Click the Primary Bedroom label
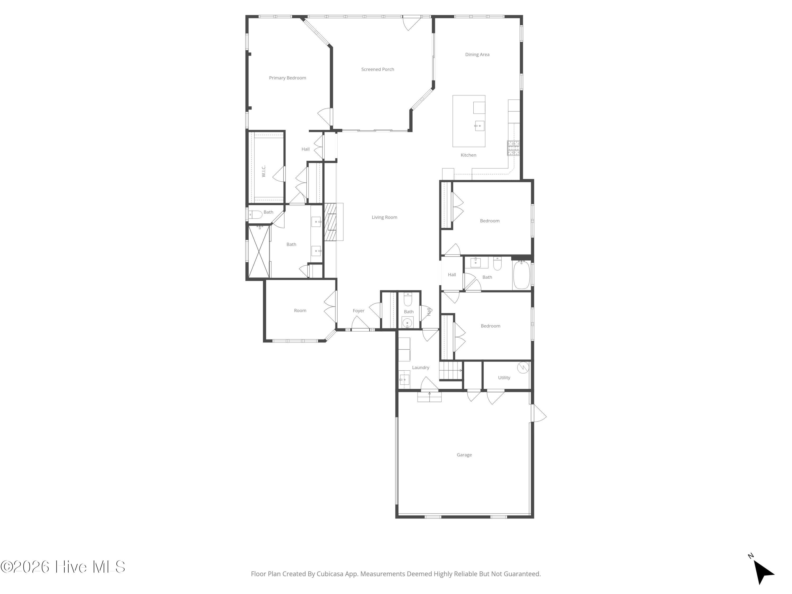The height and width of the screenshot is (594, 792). point(287,78)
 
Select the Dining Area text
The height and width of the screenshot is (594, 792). point(477,54)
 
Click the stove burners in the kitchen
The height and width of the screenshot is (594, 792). point(513,148)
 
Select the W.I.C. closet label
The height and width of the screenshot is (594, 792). point(263,171)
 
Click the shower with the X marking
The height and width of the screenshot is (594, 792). point(258,251)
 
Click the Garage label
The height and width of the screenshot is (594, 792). point(464,455)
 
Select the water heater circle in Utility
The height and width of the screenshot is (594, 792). point(523,368)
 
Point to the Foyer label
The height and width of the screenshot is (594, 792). point(359,310)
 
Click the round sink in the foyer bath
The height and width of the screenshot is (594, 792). point(407,323)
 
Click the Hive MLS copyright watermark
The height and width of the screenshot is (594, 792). point(63,567)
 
